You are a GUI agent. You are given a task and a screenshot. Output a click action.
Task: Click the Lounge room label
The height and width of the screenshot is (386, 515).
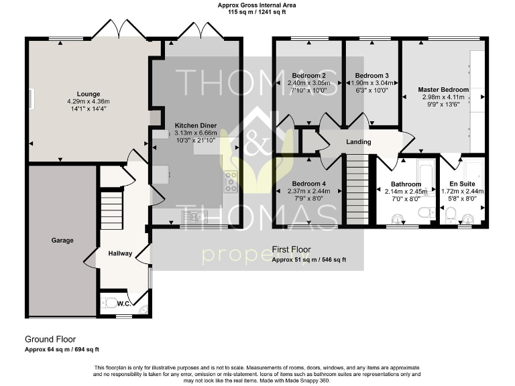[89, 94]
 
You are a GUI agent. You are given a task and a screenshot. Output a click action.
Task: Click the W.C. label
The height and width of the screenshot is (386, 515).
[124, 304]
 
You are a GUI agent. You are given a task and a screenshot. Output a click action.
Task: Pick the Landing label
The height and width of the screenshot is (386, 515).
[359, 142]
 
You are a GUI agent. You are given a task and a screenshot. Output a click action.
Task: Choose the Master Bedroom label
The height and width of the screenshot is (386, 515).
[443, 89]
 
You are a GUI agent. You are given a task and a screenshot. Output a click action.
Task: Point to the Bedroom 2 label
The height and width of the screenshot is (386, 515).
[309, 75]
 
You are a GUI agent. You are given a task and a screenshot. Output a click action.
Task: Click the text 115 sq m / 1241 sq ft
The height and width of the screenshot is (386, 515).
[257, 12]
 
